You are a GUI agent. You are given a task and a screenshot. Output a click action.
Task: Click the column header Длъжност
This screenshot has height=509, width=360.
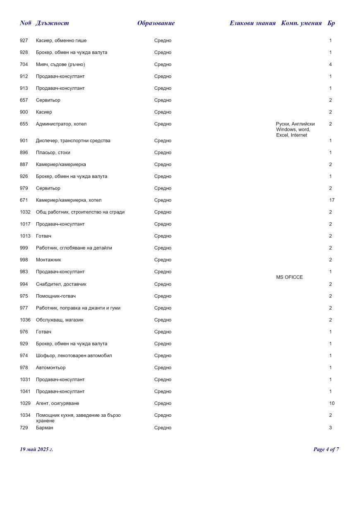(52, 23)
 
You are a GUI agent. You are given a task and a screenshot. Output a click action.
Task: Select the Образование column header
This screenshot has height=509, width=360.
(156, 23)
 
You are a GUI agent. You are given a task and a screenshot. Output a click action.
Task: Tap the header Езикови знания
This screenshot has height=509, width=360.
(252, 23)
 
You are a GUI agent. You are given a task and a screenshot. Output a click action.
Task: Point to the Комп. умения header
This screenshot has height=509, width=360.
(301, 23)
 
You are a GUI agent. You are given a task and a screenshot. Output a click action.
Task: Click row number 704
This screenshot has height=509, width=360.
(24, 65)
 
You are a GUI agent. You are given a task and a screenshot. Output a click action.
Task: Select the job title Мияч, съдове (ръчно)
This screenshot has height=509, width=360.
(60, 65)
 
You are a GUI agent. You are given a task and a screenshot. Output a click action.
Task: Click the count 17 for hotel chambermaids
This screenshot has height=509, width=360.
(332, 200)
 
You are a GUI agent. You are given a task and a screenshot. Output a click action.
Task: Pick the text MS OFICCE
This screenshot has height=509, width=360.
(289, 277)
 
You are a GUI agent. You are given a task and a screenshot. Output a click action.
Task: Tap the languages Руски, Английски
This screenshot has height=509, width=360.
(295, 124)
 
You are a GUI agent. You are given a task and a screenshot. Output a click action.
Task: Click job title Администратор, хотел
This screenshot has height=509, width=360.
(61, 124)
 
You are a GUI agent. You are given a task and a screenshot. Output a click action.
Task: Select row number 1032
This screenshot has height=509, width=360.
(25, 212)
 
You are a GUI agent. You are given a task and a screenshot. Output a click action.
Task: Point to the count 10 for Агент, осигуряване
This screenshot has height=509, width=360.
(332, 403)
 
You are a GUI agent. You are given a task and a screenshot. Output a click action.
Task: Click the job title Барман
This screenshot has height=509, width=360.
(45, 428)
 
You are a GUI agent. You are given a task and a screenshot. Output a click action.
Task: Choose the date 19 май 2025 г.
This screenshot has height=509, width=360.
(36, 449)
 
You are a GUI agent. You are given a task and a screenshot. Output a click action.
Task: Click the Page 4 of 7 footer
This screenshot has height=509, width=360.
(326, 449)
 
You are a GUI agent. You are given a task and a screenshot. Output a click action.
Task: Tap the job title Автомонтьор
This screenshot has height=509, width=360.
(50, 368)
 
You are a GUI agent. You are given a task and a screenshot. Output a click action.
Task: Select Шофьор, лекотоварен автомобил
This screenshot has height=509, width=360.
(74, 356)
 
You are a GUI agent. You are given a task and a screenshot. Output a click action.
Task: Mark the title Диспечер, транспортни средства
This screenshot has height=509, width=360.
(73, 141)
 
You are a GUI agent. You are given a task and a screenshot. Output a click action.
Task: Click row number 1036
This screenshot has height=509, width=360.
(25, 320)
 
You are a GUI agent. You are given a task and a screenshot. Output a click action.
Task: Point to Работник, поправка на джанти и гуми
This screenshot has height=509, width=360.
(78, 308)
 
